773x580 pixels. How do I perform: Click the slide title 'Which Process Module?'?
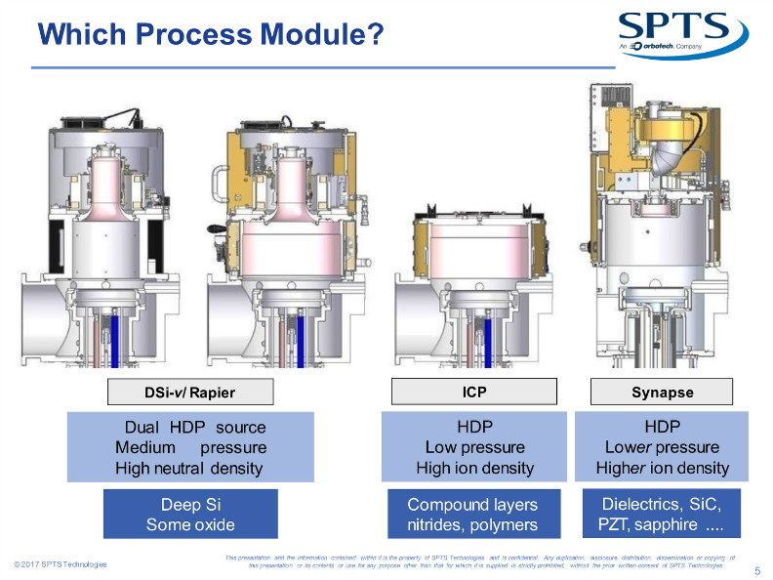click(209, 35)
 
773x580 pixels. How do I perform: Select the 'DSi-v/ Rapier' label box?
click(189, 394)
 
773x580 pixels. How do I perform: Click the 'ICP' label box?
click(474, 394)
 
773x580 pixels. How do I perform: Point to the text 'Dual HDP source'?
click(194, 428)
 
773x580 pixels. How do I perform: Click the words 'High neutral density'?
click(190, 468)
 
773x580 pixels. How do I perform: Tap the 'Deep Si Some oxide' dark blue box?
click(190, 514)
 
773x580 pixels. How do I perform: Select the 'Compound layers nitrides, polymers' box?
click(472, 514)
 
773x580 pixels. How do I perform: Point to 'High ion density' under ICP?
click(474, 468)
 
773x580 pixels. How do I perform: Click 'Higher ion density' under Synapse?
click(662, 468)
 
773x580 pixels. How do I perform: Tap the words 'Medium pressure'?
click(190, 447)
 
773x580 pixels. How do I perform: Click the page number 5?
click(757, 571)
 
